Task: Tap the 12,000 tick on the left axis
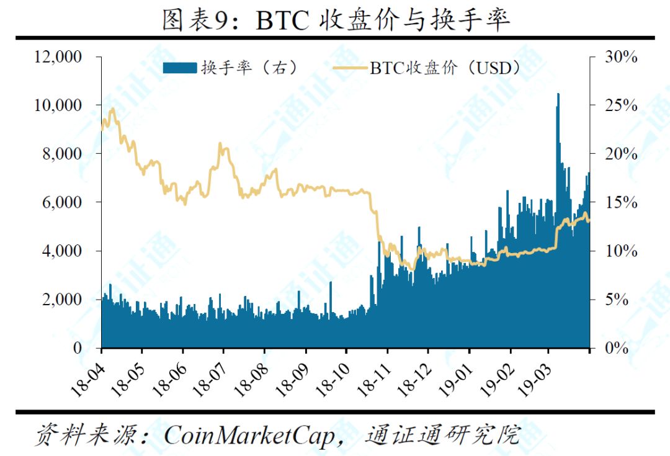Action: click(x=58, y=56)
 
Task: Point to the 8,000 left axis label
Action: click(x=62, y=153)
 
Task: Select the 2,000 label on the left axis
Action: click(x=62, y=299)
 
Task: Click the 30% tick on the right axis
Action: click(x=620, y=56)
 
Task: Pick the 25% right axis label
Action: click(x=620, y=105)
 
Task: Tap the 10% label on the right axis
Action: click(x=620, y=251)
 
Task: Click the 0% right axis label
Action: click(x=617, y=348)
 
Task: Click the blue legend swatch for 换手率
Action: click(x=180, y=68)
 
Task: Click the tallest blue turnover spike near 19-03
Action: click(x=558, y=95)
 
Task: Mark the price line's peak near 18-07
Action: click(x=220, y=144)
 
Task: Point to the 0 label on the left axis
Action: click(x=78, y=348)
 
